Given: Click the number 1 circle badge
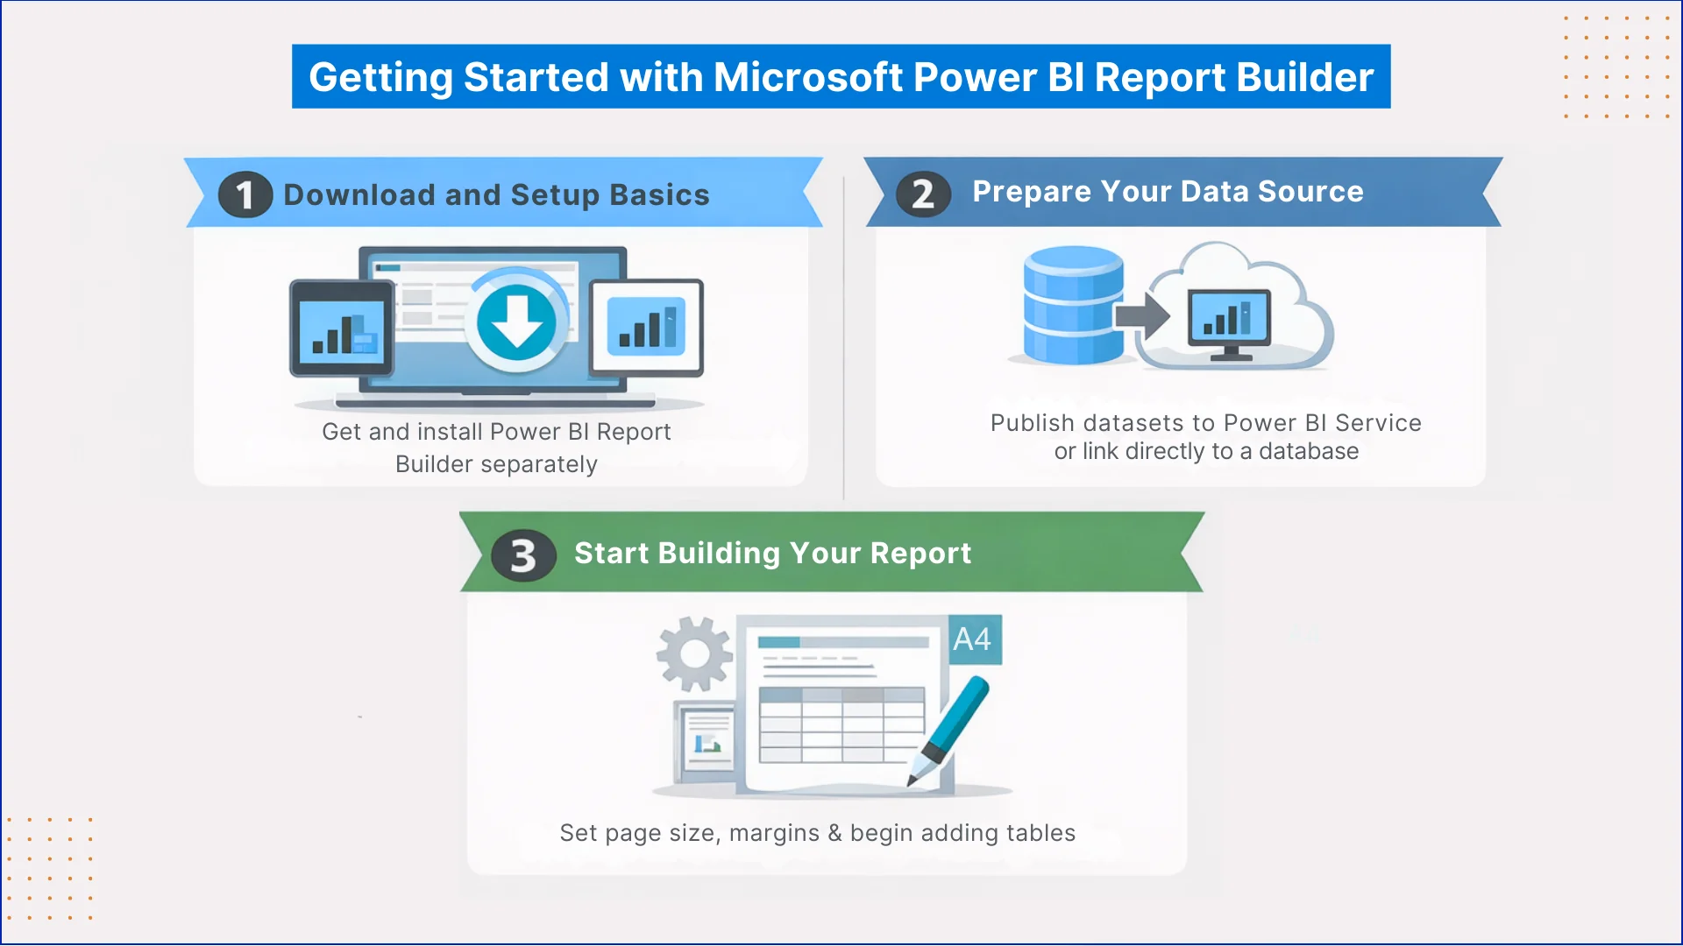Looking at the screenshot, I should pyautogui.click(x=245, y=194).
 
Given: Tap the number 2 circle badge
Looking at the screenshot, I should pyautogui.click(x=922, y=194).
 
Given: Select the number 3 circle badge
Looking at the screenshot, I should pyautogui.click(x=523, y=555).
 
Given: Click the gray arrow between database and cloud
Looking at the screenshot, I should pyautogui.click(x=1142, y=315).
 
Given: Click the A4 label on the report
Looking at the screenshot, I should pyautogui.click(x=972, y=639).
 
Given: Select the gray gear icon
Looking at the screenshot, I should pyautogui.click(x=694, y=653).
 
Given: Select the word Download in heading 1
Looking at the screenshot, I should pyautogui.click(x=359, y=194).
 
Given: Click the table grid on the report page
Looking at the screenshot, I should pyautogui.click(x=841, y=725).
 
